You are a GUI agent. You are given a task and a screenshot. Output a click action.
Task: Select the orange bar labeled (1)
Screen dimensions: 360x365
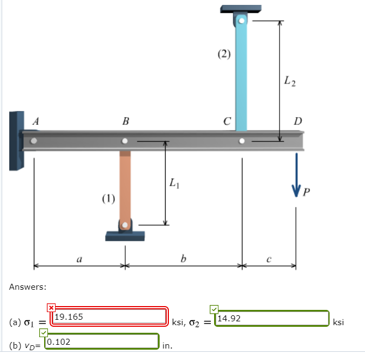125,185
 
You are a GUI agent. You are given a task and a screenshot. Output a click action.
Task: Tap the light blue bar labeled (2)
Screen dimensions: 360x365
241,76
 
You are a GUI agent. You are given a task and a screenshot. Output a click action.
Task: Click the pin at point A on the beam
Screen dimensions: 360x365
34,141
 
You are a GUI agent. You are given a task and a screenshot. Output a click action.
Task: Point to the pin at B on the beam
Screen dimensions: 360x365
125,141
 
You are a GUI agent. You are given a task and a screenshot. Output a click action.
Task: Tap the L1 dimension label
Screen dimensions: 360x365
174,184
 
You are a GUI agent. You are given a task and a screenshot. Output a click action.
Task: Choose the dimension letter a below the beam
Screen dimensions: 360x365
80,260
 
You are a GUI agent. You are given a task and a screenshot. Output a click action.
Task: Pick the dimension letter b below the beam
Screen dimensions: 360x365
183,259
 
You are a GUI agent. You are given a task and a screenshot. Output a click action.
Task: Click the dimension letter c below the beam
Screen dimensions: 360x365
269,260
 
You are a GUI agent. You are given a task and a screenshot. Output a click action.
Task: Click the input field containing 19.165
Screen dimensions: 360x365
109,316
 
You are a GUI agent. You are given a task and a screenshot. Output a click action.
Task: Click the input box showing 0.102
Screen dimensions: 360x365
101,341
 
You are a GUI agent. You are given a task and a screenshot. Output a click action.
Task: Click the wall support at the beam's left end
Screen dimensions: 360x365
16,141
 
